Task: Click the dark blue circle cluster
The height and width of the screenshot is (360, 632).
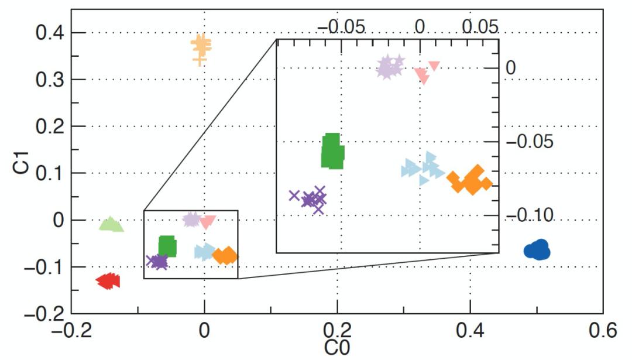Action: click(x=537, y=250)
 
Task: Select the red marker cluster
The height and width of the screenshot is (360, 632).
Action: click(x=108, y=282)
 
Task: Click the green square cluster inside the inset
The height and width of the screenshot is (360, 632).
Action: click(x=332, y=151)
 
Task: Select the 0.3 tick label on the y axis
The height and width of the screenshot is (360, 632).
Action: click(x=52, y=80)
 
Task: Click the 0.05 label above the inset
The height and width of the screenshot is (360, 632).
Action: click(x=479, y=26)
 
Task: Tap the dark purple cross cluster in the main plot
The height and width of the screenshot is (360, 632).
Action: click(x=157, y=262)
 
